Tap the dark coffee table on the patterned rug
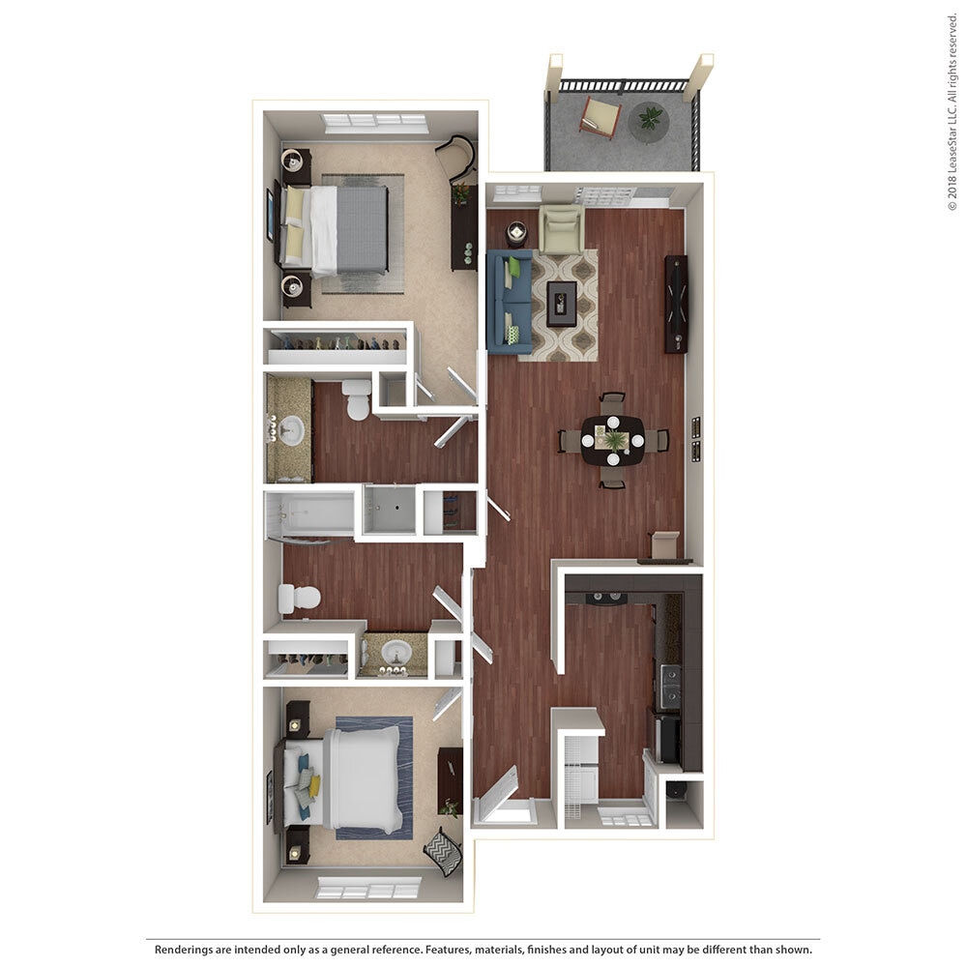(561, 303)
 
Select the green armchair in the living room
(561, 229)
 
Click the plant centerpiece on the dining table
(614, 441)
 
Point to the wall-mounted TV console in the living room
(676, 304)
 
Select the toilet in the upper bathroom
(357, 399)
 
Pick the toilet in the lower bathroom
(298, 599)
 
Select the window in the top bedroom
(375, 123)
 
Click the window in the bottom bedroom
(368, 888)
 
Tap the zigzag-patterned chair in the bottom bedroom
(444, 852)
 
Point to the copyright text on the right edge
(952, 110)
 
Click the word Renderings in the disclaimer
(189, 950)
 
